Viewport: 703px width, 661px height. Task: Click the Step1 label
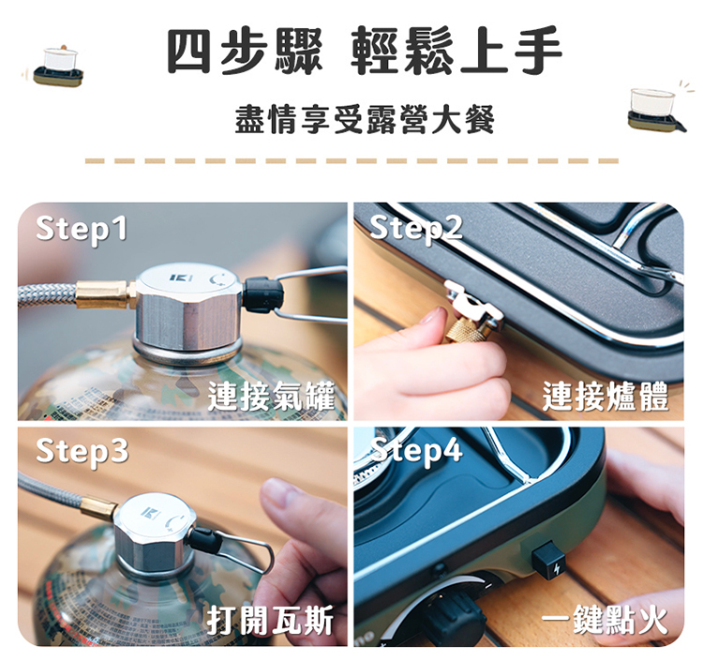coord(82,229)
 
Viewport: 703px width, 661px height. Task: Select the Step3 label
coord(82,451)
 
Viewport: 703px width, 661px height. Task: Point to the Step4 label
coord(417,450)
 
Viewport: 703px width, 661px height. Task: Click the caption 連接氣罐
coord(272,397)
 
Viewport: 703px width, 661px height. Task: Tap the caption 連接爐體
coord(606,397)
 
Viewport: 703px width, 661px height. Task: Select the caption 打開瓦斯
coord(270,620)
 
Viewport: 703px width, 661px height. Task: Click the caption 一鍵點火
coord(605,620)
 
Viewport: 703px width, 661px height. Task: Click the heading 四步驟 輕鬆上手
coord(364,51)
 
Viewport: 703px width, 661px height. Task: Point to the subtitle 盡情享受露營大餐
coord(365,119)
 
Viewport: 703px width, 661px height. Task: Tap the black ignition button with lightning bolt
coord(549,563)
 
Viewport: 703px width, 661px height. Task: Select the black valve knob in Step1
coord(264,293)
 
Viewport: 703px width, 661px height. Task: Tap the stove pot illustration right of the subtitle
coord(655,110)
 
